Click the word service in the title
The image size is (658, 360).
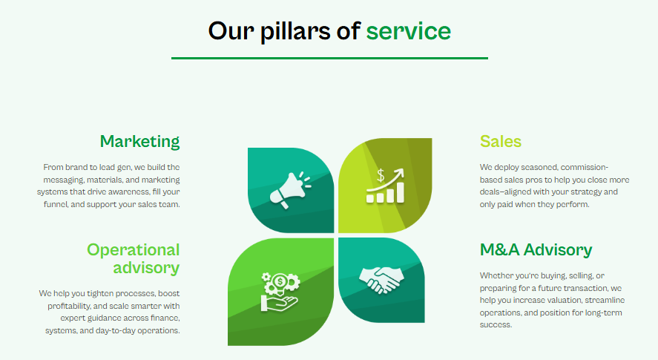click(x=408, y=31)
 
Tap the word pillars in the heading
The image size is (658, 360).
click(x=295, y=32)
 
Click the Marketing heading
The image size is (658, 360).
click(x=139, y=142)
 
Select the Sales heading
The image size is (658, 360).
click(x=501, y=142)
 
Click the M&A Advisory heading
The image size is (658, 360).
click(x=536, y=249)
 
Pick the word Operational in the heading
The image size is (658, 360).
click(x=133, y=250)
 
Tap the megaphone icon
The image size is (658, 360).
click(x=290, y=190)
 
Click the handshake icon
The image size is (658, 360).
click(x=381, y=280)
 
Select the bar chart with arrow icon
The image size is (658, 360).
click(x=385, y=186)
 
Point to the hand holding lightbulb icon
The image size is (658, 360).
click(x=280, y=292)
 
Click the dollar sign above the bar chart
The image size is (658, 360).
click(x=381, y=175)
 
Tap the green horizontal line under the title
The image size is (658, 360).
click(x=329, y=58)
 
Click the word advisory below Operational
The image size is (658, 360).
click(x=146, y=268)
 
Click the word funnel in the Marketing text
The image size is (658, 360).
click(x=56, y=205)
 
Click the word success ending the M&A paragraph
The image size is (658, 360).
click(x=496, y=325)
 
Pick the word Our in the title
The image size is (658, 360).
click(x=231, y=31)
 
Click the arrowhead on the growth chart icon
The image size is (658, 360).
click(x=400, y=172)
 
